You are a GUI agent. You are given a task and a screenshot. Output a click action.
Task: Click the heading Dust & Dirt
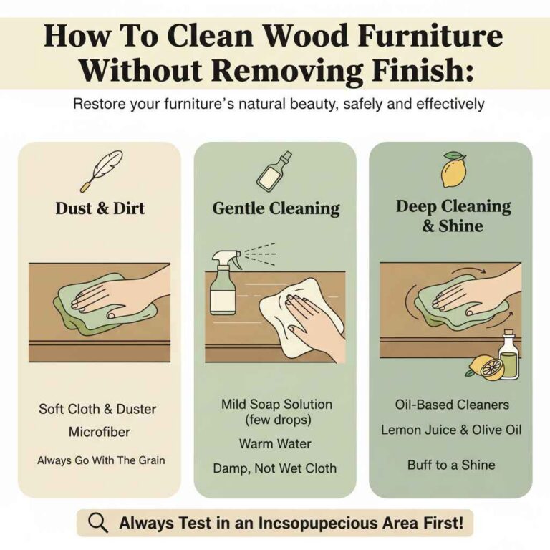coord(100,208)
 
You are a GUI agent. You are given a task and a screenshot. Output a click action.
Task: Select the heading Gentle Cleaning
coord(276,208)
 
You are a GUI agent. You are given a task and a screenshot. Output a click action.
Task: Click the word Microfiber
coord(100,433)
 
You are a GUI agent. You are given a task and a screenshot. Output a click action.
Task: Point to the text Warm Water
coord(275,444)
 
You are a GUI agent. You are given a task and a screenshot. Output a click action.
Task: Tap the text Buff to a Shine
coord(450,465)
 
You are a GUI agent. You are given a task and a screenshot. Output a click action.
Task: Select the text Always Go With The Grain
coord(100,460)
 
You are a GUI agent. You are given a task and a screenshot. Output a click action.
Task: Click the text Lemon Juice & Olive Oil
coord(451,430)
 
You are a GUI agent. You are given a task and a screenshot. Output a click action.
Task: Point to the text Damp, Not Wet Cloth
coord(275,468)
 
